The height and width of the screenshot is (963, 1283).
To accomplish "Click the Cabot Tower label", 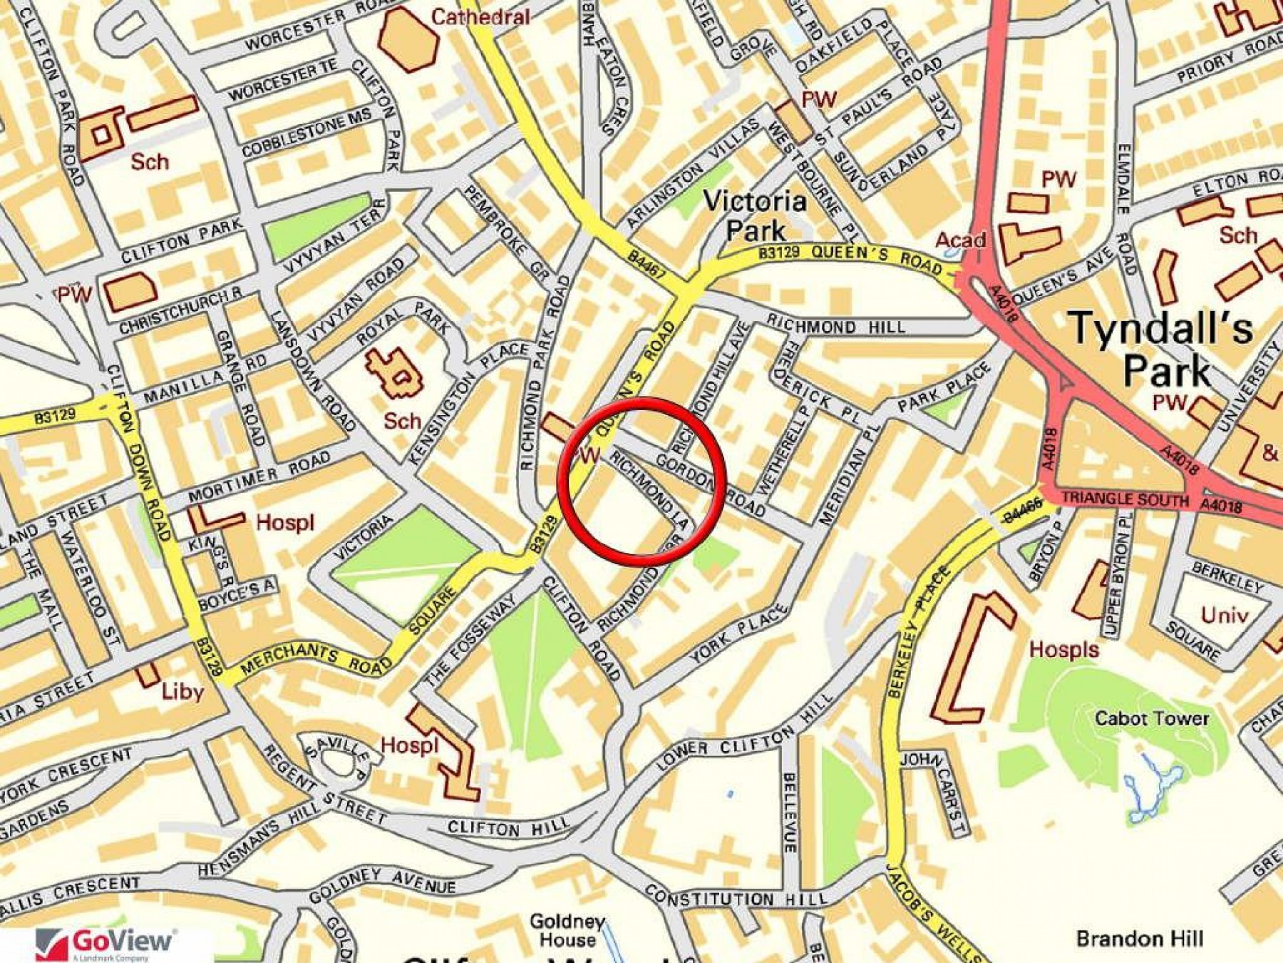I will click(x=1151, y=718).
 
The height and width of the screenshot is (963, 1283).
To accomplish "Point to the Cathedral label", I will click(x=480, y=16).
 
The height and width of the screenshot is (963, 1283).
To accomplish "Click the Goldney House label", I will click(x=567, y=930).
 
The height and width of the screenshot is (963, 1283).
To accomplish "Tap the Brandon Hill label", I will click(x=1139, y=939).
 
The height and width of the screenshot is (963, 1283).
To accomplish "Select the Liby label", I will click(x=182, y=691).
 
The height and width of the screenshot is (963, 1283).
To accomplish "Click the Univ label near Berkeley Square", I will click(x=1225, y=615).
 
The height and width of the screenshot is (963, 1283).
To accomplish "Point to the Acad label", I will click(x=960, y=240).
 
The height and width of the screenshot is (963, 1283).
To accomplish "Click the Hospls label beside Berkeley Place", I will click(x=1063, y=649).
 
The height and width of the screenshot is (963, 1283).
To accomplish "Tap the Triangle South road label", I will click(x=1124, y=499).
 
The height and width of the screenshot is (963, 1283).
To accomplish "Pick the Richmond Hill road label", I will click(x=835, y=327).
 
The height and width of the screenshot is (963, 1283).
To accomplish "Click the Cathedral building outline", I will click(x=408, y=39).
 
